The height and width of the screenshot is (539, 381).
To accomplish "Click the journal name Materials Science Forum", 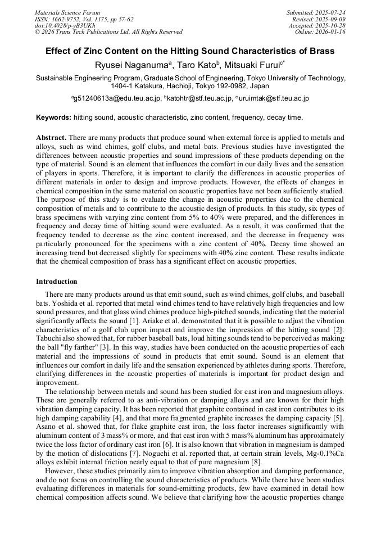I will tap(67, 12).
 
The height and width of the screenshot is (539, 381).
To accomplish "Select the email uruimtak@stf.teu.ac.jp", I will tap(274, 98).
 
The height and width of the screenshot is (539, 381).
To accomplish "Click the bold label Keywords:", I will tap(53, 117).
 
